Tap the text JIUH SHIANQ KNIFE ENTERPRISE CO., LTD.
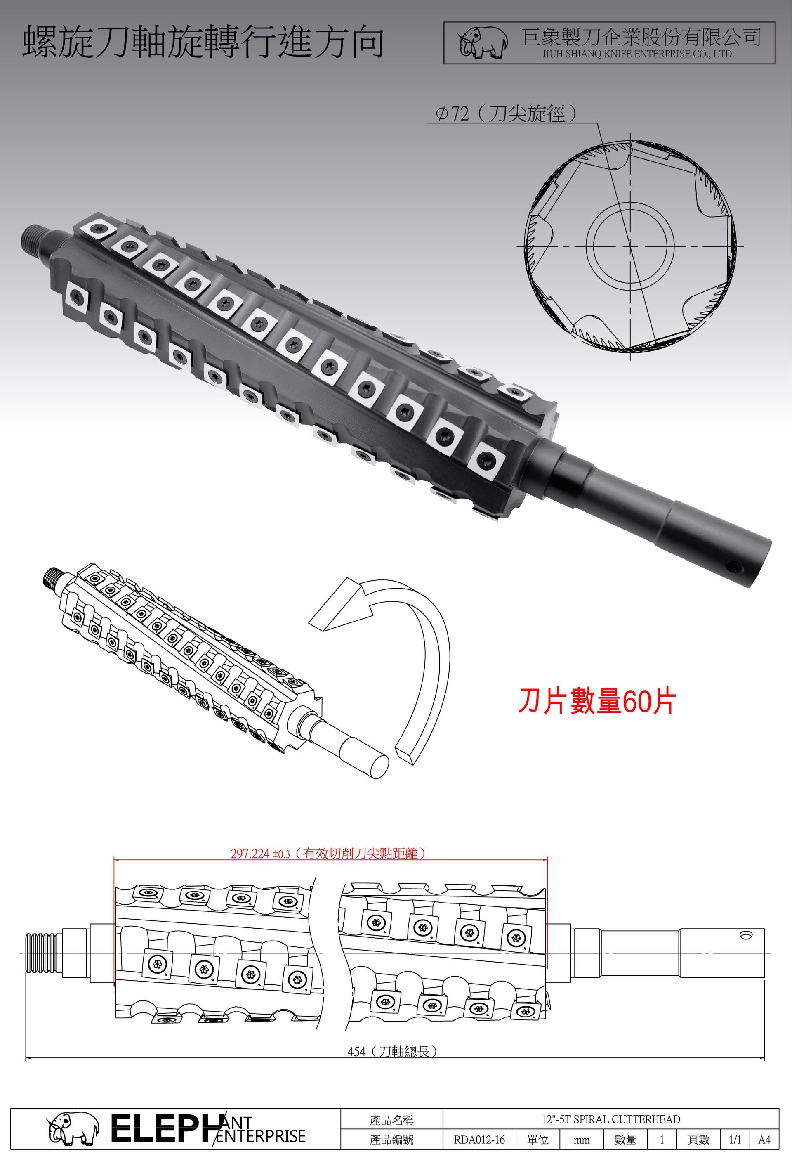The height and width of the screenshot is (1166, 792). (x=638, y=54)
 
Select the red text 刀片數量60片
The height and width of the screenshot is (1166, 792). (x=597, y=701)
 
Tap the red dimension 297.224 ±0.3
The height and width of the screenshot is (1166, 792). (x=260, y=854)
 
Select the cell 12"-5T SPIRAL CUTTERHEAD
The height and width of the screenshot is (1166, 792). (x=610, y=1119)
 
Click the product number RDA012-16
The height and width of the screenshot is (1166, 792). (x=479, y=1140)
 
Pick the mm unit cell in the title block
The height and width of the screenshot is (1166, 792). (x=581, y=1140)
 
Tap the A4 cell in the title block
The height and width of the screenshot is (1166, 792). (x=764, y=1140)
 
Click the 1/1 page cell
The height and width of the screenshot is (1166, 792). (x=735, y=1140)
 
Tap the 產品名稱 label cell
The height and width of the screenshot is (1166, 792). (x=392, y=1119)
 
